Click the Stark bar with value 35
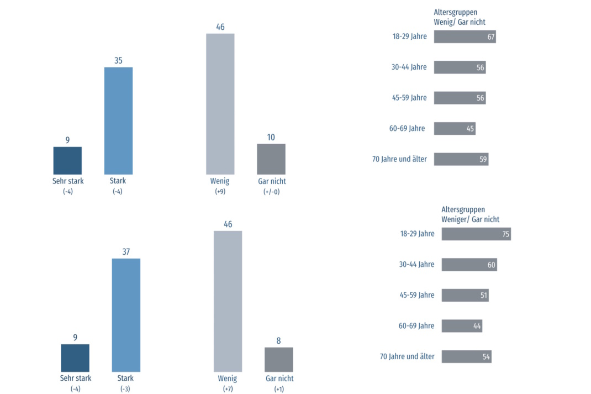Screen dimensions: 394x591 118,120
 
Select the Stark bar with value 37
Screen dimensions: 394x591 126,315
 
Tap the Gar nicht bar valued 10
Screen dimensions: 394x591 271,159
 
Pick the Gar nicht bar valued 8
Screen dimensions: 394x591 278,359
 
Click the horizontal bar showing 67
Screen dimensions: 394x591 465,36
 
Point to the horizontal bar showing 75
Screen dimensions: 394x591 476,234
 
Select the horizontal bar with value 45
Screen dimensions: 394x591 455,129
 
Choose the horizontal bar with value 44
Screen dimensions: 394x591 462,325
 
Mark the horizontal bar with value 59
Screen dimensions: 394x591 461,159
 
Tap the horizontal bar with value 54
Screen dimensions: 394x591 466,356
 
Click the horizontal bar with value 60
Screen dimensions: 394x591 469,265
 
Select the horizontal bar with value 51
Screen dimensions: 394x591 465,295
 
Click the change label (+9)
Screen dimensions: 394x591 219,192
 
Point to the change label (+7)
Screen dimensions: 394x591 227,389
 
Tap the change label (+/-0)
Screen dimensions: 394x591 271,192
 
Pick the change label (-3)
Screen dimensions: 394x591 125,389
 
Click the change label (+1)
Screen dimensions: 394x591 278,389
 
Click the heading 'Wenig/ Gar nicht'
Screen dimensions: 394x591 460,22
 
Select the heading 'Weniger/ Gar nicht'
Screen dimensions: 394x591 470,219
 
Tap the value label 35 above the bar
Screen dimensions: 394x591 118,60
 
